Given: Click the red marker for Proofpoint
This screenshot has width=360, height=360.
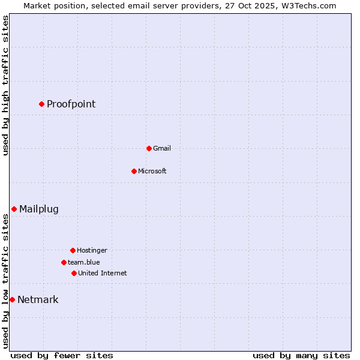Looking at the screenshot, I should (x=41, y=104).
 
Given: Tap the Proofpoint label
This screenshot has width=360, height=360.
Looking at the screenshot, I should (x=71, y=104).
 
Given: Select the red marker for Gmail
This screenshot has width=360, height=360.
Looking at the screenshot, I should (x=149, y=148).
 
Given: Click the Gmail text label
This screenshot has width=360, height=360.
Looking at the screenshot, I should (x=161, y=148).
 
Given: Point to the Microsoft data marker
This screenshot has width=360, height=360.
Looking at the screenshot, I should (x=134, y=171).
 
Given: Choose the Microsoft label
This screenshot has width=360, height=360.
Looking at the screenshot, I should (x=152, y=171).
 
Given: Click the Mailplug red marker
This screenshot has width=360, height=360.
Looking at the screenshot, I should (x=14, y=209).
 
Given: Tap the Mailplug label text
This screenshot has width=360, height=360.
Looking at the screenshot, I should (x=39, y=209).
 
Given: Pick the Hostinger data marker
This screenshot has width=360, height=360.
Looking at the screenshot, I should (x=73, y=250).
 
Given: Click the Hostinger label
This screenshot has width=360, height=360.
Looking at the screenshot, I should (x=92, y=250).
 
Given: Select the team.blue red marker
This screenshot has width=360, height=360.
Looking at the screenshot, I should (x=64, y=262).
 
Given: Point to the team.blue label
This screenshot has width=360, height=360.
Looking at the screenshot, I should (x=83, y=262).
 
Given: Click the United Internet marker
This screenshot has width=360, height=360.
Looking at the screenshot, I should (x=74, y=273).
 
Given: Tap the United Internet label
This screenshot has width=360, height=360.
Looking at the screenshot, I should (x=102, y=273).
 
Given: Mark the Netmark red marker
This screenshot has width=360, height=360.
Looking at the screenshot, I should (x=12, y=299).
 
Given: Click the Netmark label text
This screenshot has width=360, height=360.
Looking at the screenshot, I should (x=38, y=299).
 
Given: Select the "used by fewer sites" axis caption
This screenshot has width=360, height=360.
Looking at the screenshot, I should (x=62, y=355).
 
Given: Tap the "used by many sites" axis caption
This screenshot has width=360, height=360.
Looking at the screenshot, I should (x=301, y=355).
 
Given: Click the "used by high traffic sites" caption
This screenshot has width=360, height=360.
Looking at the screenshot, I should (x=5, y=85).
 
